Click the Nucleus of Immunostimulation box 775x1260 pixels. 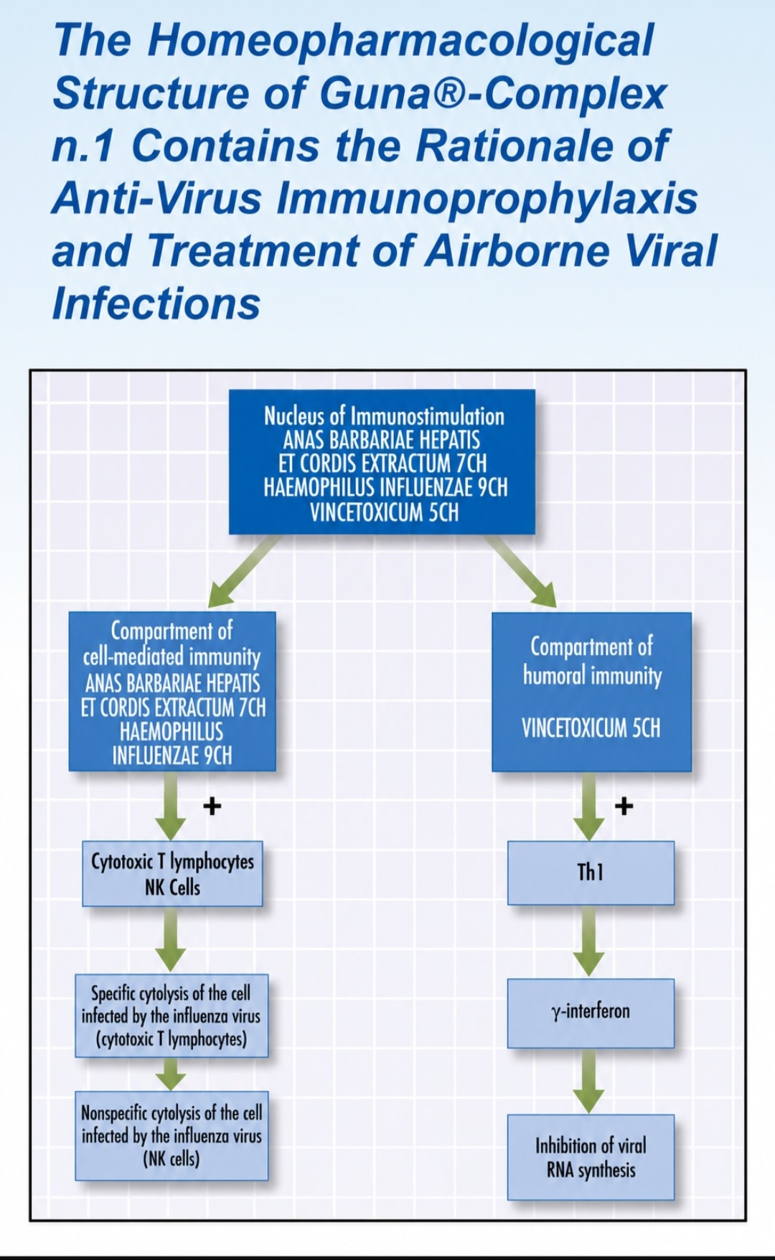pyautogui.click(x=382, y=461)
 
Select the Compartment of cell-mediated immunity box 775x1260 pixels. pyautogui.click(x=172, y=691)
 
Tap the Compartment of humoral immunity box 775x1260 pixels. pyautogui.click(x=591, y=692)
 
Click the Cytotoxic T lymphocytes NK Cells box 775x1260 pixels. pyautogui.click(x=172, y=873)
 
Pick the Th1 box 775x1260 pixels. pyautogui.click(x=591, y=873)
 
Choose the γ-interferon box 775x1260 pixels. pyautogui.click(x=591, y=1012)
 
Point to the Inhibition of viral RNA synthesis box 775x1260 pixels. pyautogui.click(x=591, y=1157)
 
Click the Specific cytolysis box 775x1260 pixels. pyautogui.click(x=172, y=1015)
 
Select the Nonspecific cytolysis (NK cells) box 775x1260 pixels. pyautogui.click(x=172, y=1136)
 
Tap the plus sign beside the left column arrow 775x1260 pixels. pyautogui.click(x=212, y=807)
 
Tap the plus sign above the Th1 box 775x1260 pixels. pyautogui.click(x=624, y=806)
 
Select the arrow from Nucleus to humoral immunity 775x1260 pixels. pyautogui.click(x=521, y=570)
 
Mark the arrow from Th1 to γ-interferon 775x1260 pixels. pyautogui.click(x=588, y=941)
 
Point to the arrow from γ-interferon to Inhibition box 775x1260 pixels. pyautogui.click(x=588, y=1081)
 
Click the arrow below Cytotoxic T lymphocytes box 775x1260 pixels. pyautogui.click(x=171, y=939)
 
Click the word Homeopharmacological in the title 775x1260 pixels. pyautogui.click(x=400, y=40)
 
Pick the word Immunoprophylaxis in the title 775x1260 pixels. pyautogui.click(x=487, y=198)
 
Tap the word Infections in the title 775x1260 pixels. pyautogui.click(x=156, y=303)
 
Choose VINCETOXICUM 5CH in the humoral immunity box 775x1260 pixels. pyautogui.click(x=591, y=728)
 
